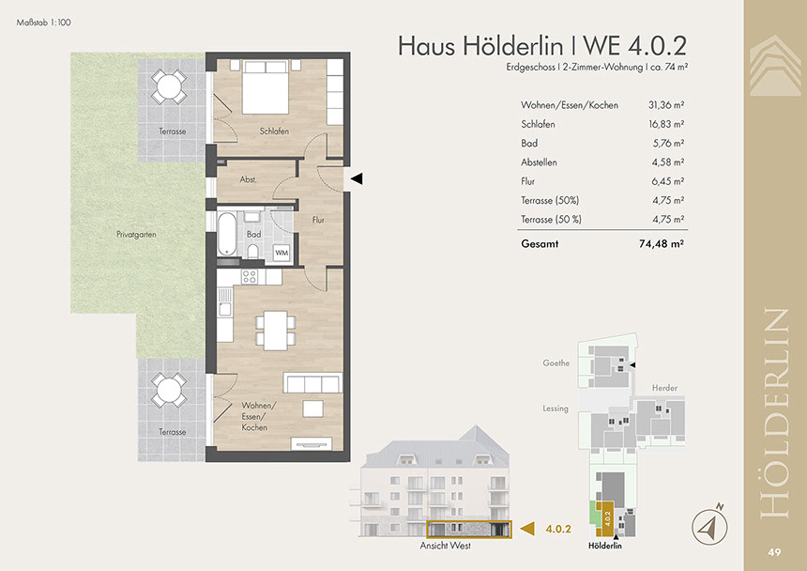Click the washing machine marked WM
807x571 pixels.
(282, 253)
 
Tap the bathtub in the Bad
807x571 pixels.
(226, 235)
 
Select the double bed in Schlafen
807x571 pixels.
(266, 87)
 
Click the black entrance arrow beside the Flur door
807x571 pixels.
(357, 178)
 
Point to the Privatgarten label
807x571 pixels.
(136, 234)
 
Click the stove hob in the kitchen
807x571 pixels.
(249, 276)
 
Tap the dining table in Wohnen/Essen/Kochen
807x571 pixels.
(275, 331)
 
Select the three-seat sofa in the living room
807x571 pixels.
(312, 382)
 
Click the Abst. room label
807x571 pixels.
(248, 179)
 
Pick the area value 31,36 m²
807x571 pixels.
(666, 105)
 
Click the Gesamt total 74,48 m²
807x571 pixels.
(662, 244)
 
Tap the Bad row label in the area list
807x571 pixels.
(529, 143)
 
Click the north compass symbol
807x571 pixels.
(709, 526)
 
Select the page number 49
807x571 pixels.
(774, 552)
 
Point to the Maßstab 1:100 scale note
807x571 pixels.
(44, 23)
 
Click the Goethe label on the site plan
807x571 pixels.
(556, 363)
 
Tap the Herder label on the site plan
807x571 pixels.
(664, 388)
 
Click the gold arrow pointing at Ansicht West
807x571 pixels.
(527, 528)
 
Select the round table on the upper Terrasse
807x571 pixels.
(168, 87)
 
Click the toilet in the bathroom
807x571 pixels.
(252, 251)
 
